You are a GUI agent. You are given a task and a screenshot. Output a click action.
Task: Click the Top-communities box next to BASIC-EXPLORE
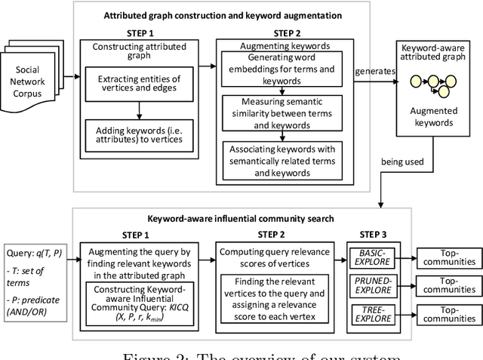[x=448, y=257]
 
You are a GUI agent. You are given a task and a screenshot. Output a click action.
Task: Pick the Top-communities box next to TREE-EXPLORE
[x=448, y=313]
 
